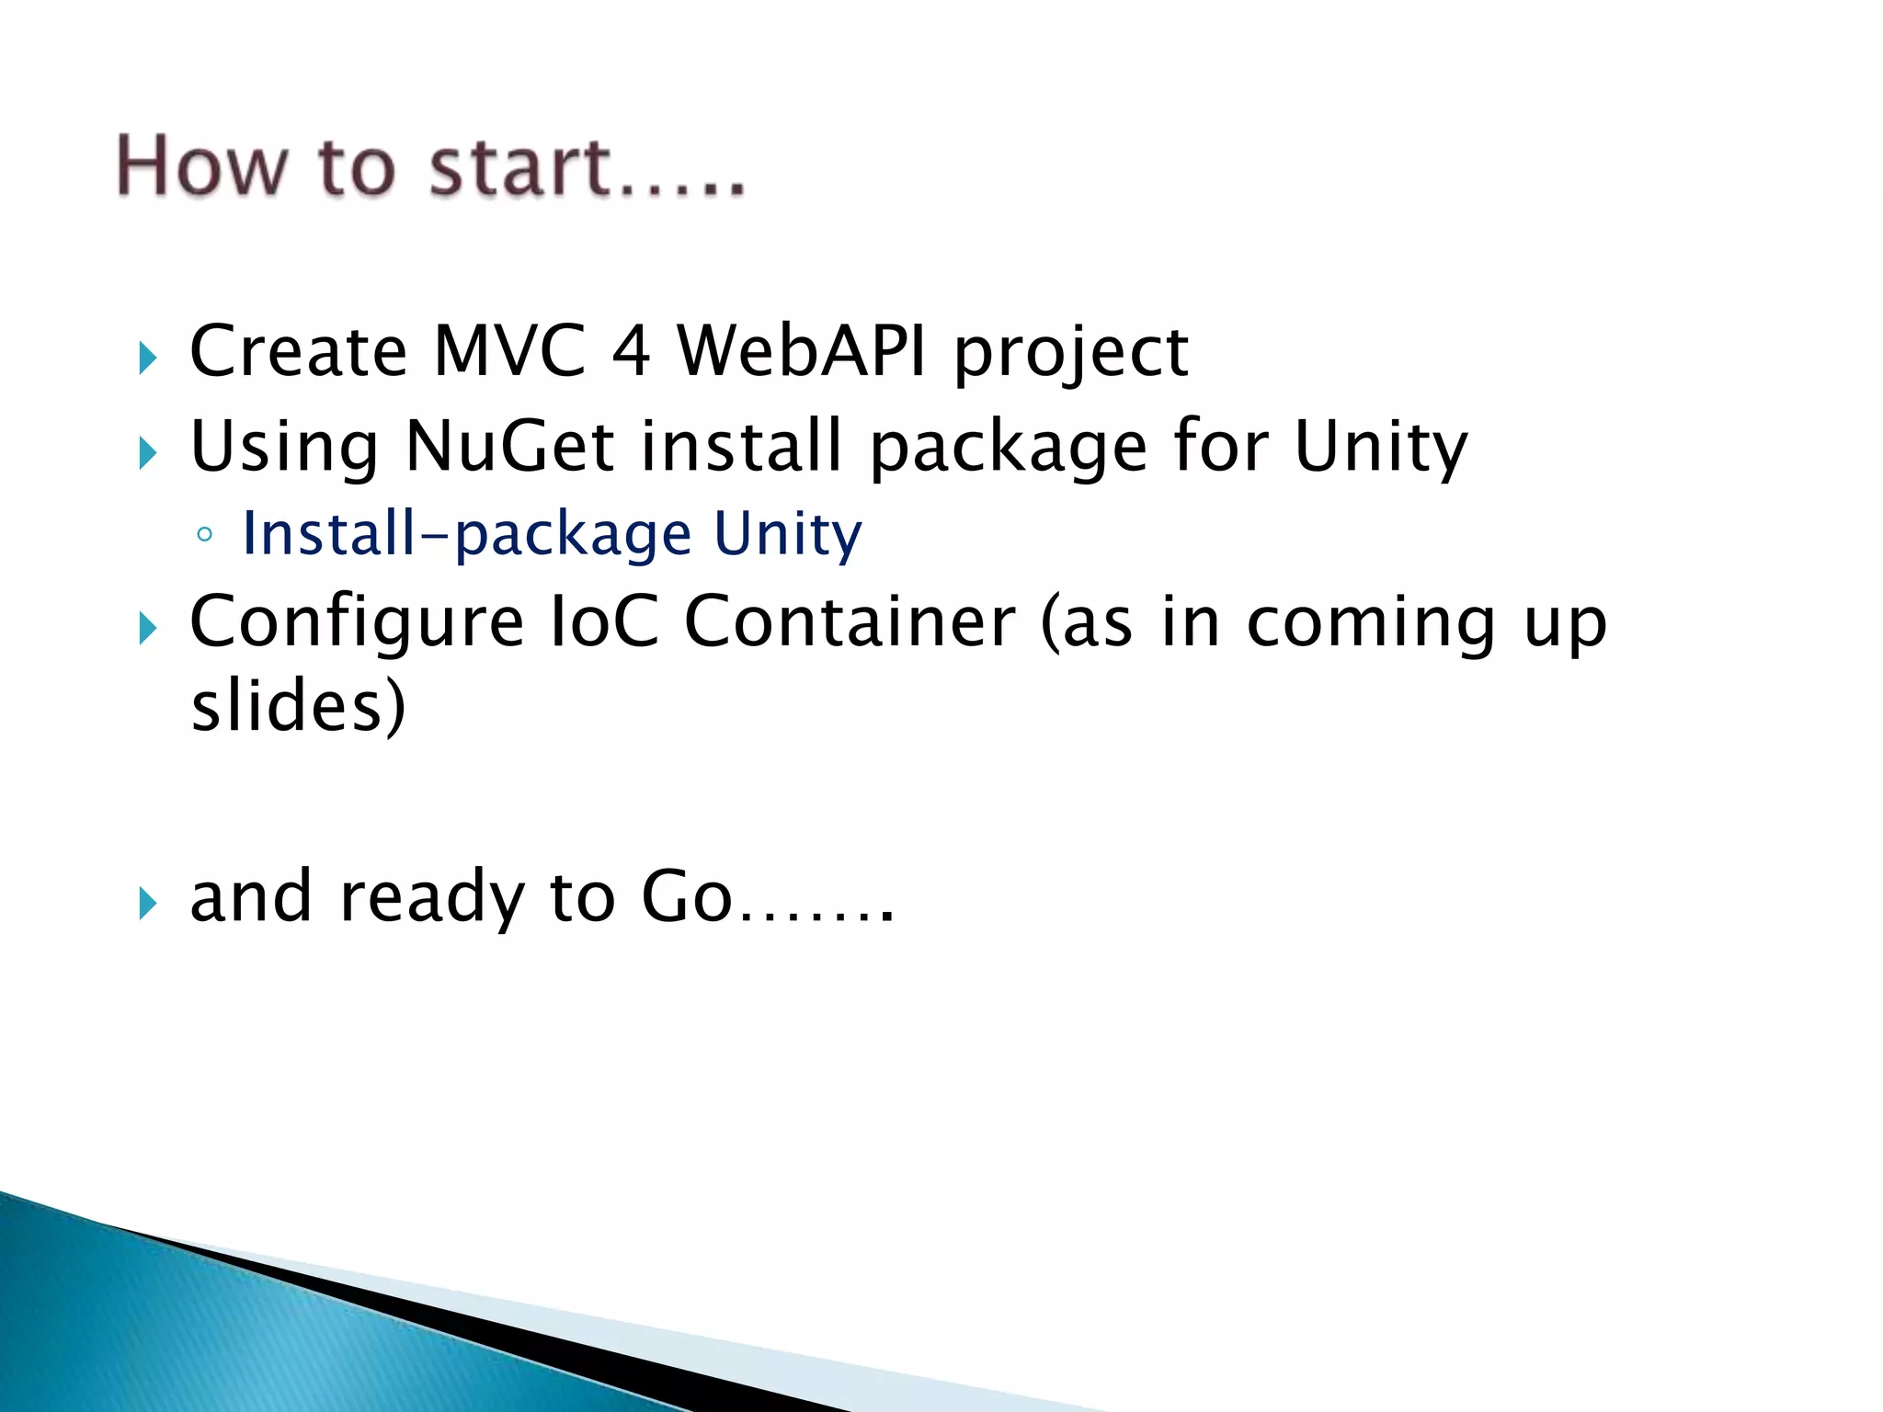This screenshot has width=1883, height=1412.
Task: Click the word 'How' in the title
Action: (201, 166)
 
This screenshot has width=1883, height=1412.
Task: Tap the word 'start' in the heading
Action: (520, 166)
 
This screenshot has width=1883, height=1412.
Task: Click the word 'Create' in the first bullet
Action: (298, 351)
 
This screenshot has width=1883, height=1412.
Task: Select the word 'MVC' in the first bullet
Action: (509, 351)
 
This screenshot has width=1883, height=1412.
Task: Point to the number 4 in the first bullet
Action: (631, 351)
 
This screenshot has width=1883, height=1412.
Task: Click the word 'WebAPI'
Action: (802, 351)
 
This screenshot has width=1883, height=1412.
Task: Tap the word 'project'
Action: (1071, 355)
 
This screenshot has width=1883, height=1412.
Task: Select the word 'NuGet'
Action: (509, 447)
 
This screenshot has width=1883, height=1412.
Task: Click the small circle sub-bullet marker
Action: (204, 535)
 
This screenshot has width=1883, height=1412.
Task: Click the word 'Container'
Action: (850, 622)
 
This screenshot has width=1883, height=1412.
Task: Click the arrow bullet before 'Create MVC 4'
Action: (148, 358)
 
